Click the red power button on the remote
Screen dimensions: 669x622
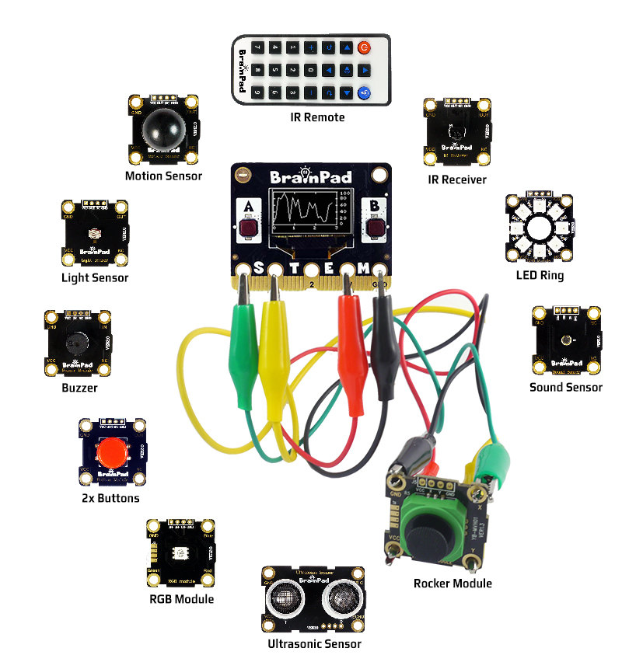tap(364, 48)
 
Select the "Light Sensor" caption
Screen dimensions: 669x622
tap(95, 277)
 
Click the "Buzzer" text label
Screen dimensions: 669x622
tap(79, 388)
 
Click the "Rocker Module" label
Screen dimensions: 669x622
tap(453, 584)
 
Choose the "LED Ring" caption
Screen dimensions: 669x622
tap(540, 275)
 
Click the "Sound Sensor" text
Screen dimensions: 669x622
tap(565, 387)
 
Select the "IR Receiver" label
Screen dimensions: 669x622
tap(457, 179)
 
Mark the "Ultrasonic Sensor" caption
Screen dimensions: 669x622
tap(314, 643)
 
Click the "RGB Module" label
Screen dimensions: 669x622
tap(181, 599)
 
